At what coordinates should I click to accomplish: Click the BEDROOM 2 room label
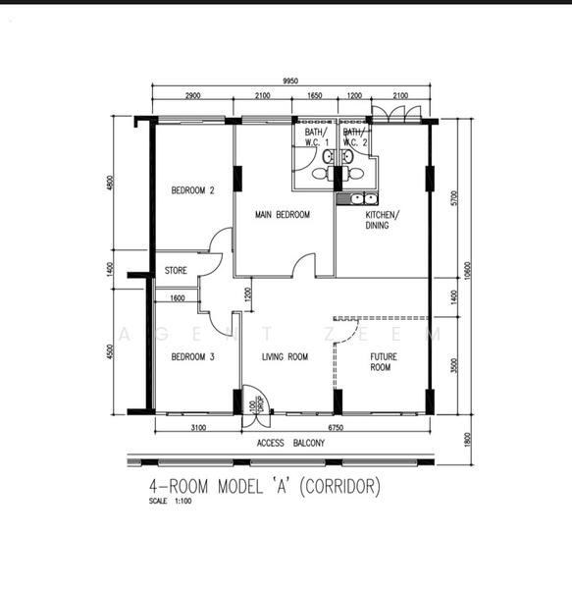[x=192, y=190]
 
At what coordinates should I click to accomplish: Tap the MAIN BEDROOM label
[x=283, y=215]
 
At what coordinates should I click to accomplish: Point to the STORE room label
[x=176, y=270]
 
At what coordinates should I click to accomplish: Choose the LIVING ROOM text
[x=285, y=357]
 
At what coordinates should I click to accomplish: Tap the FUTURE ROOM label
[x=381, y=361]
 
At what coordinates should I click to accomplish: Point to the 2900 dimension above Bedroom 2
[x=191, y=96]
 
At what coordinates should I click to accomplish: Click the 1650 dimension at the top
[x=315, y=96]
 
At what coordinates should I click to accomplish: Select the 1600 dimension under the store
[x=177, y=297]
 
